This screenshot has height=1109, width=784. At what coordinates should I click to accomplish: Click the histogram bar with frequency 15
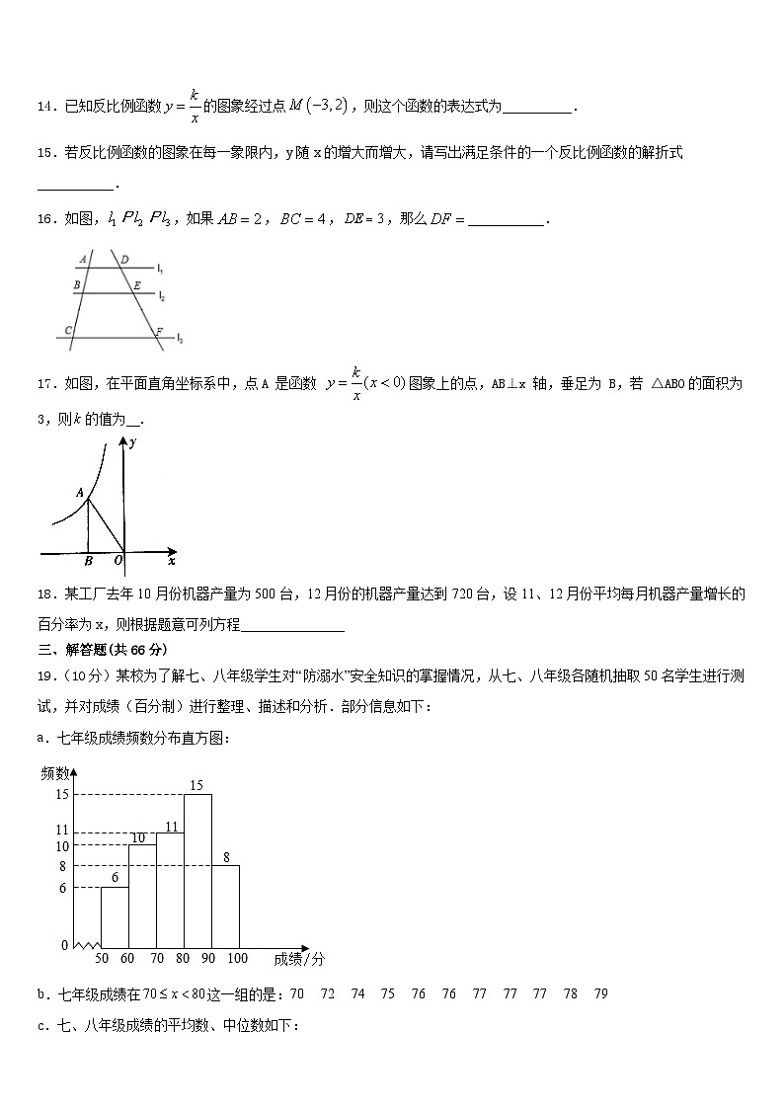pos(197,869)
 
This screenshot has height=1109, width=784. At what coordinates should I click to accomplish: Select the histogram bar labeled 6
pos(115,915)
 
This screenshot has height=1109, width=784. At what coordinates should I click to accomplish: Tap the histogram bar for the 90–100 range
pos(225,905)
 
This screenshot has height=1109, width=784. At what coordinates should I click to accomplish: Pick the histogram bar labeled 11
pos(170,889)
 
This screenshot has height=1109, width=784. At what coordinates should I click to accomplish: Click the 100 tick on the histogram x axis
pos(238,959)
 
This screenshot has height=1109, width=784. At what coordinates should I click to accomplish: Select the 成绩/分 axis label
pos(299,959)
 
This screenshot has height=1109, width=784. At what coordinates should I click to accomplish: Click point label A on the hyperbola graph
pos(79,491)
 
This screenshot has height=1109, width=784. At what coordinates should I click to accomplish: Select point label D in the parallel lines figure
pos(124,260)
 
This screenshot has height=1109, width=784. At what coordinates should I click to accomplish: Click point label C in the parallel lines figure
pos(66,330)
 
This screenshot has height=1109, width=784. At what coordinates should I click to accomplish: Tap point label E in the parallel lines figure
pos(137,284)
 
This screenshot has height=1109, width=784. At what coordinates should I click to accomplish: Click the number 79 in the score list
pos(600,993)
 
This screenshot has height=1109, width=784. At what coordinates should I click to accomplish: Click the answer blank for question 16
pos(506,221)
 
